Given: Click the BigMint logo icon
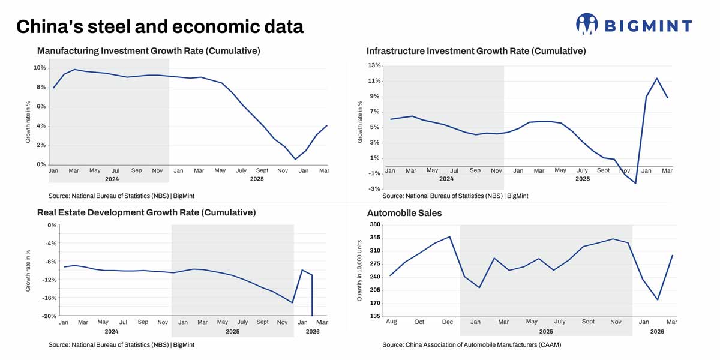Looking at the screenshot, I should click(587, 24).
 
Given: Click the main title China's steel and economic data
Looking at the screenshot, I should click(160, 26).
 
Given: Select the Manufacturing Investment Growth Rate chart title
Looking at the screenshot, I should click(148, 51).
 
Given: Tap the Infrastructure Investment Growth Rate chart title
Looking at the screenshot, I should click(476, 51).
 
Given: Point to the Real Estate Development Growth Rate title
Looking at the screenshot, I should click(146, 212).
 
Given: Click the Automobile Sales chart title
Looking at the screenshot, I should click(404, 213).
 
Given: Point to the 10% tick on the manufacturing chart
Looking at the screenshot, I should click(40, 68).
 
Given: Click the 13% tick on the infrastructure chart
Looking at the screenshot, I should click(374, 65).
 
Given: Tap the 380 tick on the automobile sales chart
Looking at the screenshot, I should click(374, 224).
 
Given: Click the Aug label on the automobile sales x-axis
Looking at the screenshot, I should click(391, 322).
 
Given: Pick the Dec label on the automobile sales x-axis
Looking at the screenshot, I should click(447, 322).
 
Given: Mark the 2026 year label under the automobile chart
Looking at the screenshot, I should click(657, 331).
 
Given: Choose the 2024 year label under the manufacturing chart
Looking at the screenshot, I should click(112, 179).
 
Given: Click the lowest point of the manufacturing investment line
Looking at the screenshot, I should click(295, 159).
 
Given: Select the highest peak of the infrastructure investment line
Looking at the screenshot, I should click(657, 79).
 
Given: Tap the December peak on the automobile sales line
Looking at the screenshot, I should click(449, 236).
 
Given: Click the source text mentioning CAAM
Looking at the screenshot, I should click(471, 345).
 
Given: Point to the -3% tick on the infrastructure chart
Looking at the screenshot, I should click(374, 189).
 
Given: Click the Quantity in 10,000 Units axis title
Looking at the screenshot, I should click(360, 271).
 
